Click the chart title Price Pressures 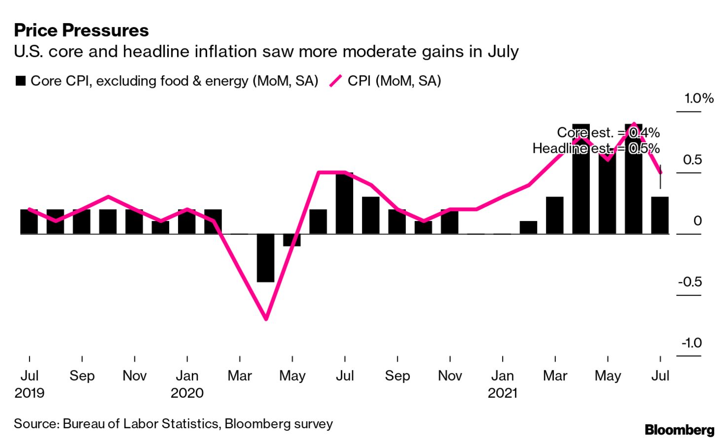pyautogui.click(x=81, y=31)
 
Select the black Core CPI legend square pyautogui.click(x=21, y=81)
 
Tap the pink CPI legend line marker pyautogui.click(x=336, y=81)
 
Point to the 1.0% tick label pyautogui.click(x=698, y=99)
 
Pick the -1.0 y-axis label pyautogui.click(x=691, y=343)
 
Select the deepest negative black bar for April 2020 pyautogui.click(x=266, y=258)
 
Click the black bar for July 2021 pyautogui.click(x=660, y=216)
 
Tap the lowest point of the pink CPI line pyautogui.click(x=266, y=319)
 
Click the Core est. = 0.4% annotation pyautogui.click(x=608, y=133)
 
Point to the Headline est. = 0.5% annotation pyautogui.click(x=596, y=148)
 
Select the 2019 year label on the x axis pyautogui.click(x=30, y=393)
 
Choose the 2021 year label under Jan pyautogui.click(x=503, y=393)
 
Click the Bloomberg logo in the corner pyautogui.click(x=679, y=430)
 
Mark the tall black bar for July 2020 pyautogui.click(x=344, y=203)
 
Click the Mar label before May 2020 pyautogui.click(x=240, y=376)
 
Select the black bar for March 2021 pyautogui.click(x=555, y=216)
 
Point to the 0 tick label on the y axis pyautogui.click(x=697, y=221)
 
